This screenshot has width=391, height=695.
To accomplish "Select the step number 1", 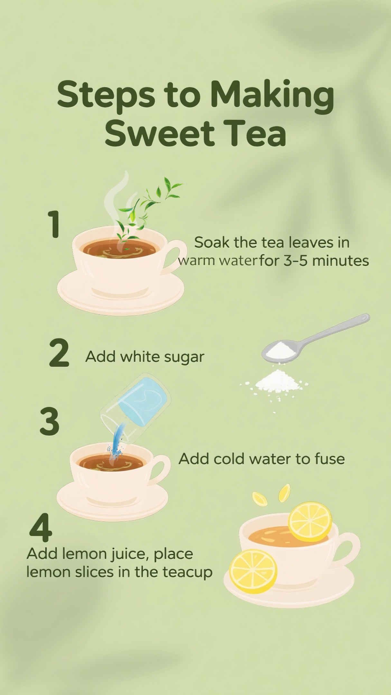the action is pyautogui.click(x=54, y=224).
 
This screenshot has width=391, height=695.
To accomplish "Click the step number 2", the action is pyautogui.click(x=59, y=353).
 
